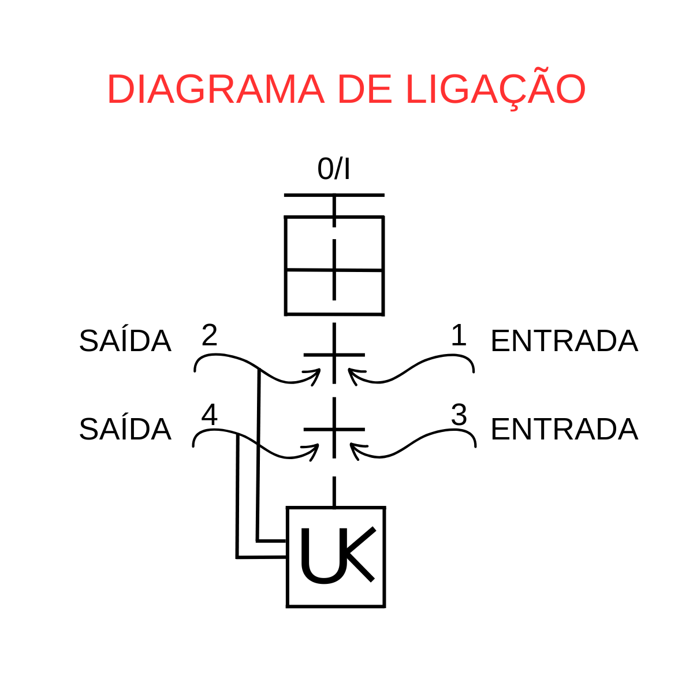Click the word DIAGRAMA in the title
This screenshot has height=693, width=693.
[216, 89]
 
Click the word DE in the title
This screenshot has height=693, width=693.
[364, 89]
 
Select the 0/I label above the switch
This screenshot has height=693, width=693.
[333, 169]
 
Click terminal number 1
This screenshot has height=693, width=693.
[459, 335]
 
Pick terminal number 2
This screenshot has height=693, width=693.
[209, 335]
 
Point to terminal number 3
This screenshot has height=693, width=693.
[459, 415]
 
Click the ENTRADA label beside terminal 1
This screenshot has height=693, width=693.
[564, 341]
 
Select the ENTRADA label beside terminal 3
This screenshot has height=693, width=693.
[564, 429]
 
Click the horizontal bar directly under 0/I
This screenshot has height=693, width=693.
[334, 195]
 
